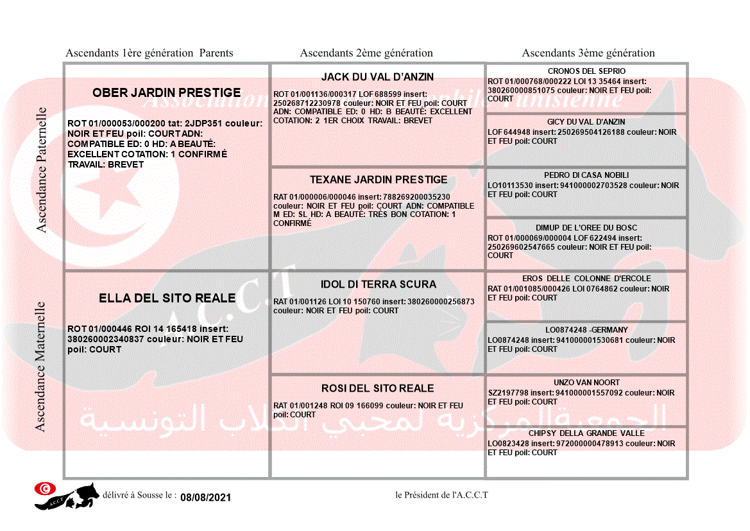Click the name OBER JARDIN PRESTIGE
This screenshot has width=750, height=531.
coord(167,92)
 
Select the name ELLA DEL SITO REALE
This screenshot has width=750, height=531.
coord(167,298)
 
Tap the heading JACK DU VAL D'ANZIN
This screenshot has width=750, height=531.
coord(377,76)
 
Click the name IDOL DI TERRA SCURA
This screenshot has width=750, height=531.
coord(378,284)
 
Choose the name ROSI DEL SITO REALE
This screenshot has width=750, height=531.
coord(377,388)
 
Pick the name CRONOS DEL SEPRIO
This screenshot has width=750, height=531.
coord(586,71)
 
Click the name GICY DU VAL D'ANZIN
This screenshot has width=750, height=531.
coord(586,121)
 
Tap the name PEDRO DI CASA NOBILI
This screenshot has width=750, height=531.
coord(586,175)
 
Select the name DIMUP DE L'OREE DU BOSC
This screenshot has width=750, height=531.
coord(586,227)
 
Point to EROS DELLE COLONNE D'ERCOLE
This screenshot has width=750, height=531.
coord(586,278)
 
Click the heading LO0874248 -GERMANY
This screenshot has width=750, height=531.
coord(586,329)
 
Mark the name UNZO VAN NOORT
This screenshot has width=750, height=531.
coord(586,382)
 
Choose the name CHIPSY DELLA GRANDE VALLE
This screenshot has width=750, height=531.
coord(586,433)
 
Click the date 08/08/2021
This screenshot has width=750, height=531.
coord(205,498)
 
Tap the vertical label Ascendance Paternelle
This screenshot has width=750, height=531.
coord(42,170)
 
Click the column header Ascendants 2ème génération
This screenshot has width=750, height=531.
coord(366,53)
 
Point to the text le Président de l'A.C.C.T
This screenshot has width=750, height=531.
coord(441,494)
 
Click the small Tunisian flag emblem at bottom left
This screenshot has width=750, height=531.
coord(44,489)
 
